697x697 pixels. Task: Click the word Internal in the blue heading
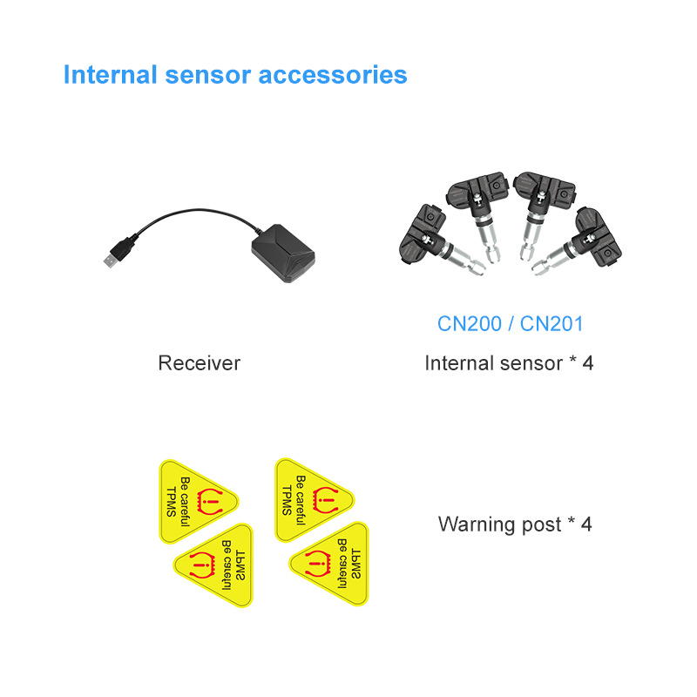pyautogui.click(x=111, y=74)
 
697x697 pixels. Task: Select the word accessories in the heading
pyautogui.click(x=333, y=75)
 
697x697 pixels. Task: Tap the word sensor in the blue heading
pyautogui.click(x=208, y=76)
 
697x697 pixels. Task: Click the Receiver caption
pyautogui.click(x=200, y=363)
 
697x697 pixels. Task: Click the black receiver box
pyautogui.click(x=284, y=253)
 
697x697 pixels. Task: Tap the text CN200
pyautogui.click(x=470, y=323)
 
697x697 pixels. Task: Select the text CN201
pyautogui.click(x=552, y=323)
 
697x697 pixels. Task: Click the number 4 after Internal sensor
pyautogui.click(x=587, y=363)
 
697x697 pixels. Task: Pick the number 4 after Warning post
pyautogui.click(x=586, y=524)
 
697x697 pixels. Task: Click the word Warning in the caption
pyautogui.click(x=477, y=524)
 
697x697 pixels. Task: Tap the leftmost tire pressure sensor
pyautogui.click(x=440, y=241)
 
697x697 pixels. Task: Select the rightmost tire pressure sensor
pyautogui.click(x=578, y=242)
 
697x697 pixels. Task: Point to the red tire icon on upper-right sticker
pyautogui.click(x=326, y=500)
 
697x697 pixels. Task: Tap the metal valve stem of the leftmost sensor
pyautogui.click(x=464, y=260)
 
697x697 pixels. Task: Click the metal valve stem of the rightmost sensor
pyautogui.click(x=553, y=260)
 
